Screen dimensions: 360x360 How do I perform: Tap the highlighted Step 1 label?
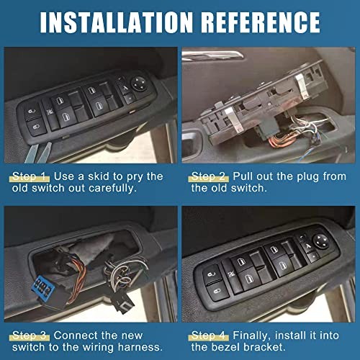pos(30,176)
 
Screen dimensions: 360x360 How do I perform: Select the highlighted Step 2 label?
pos(209,176)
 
